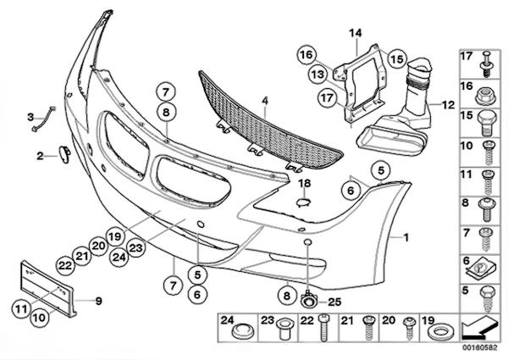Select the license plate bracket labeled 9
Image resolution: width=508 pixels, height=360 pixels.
click(48, 289)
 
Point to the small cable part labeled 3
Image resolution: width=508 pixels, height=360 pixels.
click(43, 119)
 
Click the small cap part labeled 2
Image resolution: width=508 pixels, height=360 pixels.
click(64, 154)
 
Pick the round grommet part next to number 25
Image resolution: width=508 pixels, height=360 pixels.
click(308, 301)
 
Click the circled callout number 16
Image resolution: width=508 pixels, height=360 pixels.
click(306, 55)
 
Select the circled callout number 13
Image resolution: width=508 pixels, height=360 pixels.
click(317, 75)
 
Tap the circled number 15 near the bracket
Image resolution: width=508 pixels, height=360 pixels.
click(397, 58)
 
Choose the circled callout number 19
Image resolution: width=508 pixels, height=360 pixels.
click(114, 236)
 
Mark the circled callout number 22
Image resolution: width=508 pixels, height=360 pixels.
click(65, 266)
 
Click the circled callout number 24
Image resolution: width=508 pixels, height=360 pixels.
click(119, 258)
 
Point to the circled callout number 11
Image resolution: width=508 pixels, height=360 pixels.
click(22, 308)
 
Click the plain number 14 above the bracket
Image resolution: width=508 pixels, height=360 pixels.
click(356, 33)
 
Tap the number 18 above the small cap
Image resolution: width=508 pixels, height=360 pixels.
click(305, 184)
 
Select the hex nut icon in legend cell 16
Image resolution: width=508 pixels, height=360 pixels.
click(485, 97)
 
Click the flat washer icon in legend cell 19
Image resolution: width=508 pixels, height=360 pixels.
click(439, 332)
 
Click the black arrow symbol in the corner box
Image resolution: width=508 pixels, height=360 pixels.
click(480, 326)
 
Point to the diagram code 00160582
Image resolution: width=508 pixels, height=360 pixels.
click(479, 347)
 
